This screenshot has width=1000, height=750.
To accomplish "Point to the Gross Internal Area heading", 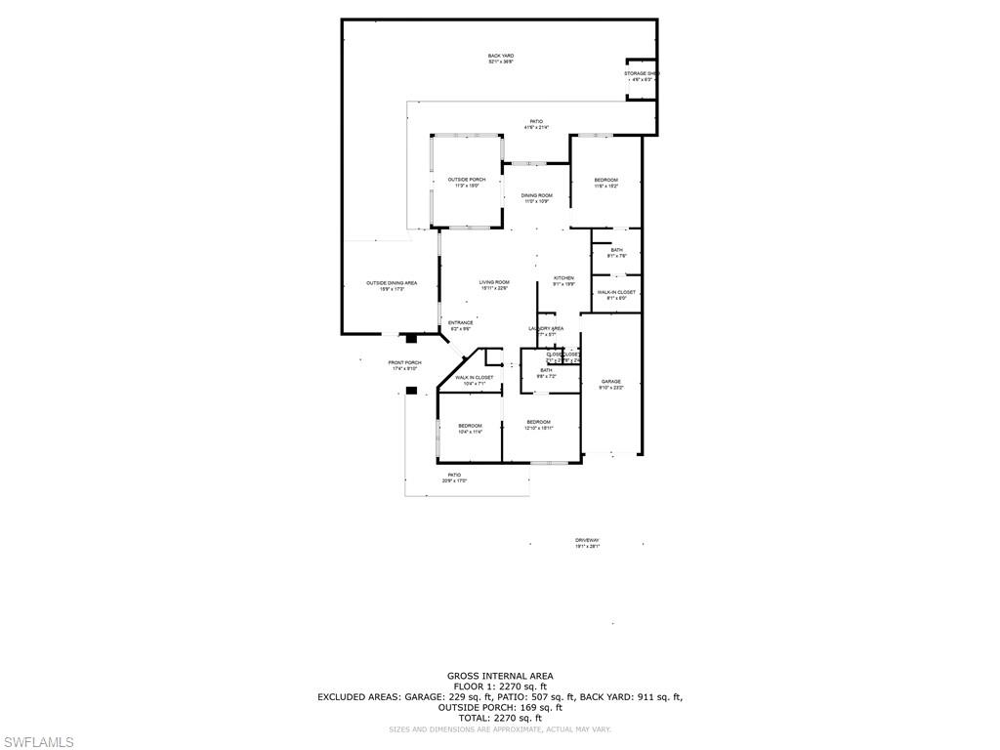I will click(500, 676).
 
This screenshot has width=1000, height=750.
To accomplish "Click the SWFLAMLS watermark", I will click(38, 742).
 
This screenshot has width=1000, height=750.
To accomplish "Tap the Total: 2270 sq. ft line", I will click(500, 718).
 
